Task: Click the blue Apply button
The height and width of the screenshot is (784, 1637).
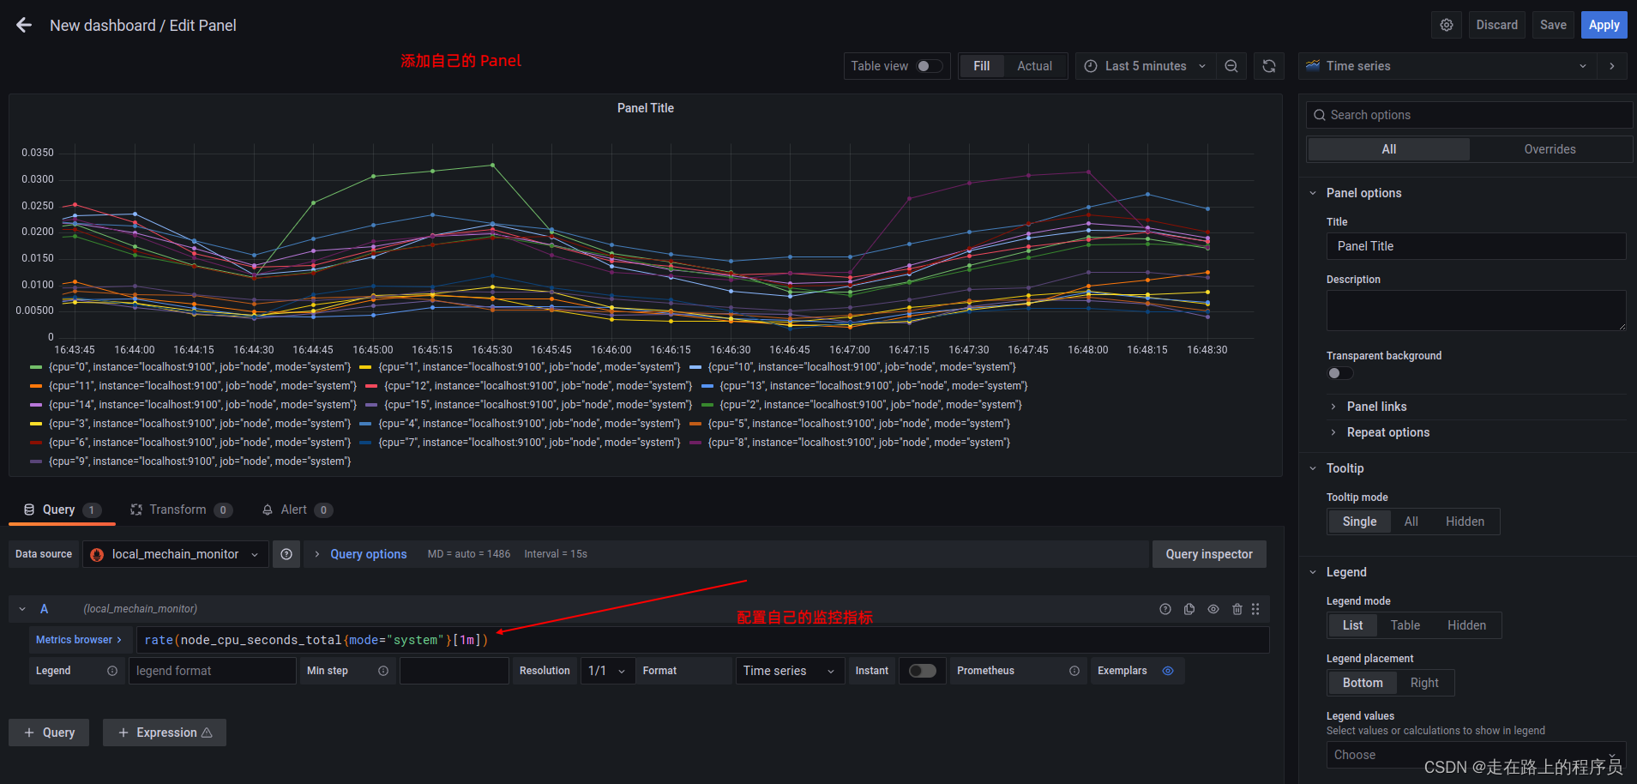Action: [x=1603, y=25]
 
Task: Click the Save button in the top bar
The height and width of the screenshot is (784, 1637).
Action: [x=1552, y=25]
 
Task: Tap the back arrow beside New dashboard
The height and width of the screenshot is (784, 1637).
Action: [x=24, y=25]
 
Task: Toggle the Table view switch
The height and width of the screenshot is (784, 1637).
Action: [x=929, y=66]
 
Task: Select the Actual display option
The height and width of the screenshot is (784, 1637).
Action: [x=1034, y=66]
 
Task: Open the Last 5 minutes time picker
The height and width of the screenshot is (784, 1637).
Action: [x=1145, y=66]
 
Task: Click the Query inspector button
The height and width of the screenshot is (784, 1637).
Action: [x=1208, y=554]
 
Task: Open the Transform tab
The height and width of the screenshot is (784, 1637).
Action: [x=178, y=510]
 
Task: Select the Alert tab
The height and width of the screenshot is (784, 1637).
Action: [x=293, y=510]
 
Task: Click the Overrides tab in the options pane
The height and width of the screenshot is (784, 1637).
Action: [x=1549, y=149]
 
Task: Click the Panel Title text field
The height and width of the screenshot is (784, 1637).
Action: [x=1475, y=246]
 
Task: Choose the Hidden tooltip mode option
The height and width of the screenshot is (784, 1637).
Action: [x=1464, y=522]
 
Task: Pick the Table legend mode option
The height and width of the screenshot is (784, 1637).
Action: [x=1405, y=625]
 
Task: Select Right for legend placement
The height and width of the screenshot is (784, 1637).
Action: [x=1423, y=683]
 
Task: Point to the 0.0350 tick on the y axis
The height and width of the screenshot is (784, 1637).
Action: [x=38, y=153]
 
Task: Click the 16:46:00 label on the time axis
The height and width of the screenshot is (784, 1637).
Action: [x=611, y=350]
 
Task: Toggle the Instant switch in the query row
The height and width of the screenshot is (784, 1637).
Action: [x=922, y=671]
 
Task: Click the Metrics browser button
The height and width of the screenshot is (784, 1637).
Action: [x=78, y=640]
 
